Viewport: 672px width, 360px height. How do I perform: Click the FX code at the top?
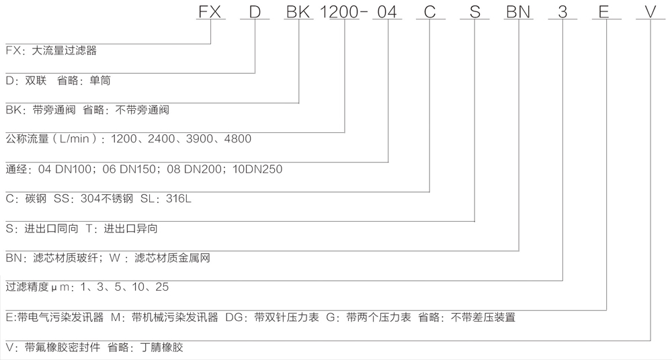pyautogui.click(x=210, y=11)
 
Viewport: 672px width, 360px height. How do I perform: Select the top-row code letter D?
pyautogui.click(x=255, y=11)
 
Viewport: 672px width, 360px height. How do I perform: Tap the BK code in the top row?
pyautogui.click(x=298, y=11)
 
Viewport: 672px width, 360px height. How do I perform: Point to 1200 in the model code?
pyautogui.click(x=339, y=11)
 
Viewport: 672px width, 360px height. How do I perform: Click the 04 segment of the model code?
pyautogui.click(x=387, y=11)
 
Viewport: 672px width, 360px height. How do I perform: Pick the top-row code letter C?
pyautogui.click(x=430, y=11)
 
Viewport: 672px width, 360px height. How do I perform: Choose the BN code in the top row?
pyautogui.click(x=518, y=11)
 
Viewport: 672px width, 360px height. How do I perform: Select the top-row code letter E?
pyautogui.click(x=603, y=11)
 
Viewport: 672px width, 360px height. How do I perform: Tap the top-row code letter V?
pyautogui.click(x=650, y=11)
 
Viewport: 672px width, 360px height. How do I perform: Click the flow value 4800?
pyautogui.click(x=237, y=139)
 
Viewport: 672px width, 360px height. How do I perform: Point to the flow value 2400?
pyautogui.click(x=161, y=139)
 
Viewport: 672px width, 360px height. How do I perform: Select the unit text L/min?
pyautogui.click(x=75, y=139)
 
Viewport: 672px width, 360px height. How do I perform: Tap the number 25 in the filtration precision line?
pyautogui.click(x=162, y=287)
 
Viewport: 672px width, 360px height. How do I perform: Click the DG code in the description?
pyautogui.click(x=234, y=317)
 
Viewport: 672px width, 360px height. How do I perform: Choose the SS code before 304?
pyautogui.click(x=61, y=198)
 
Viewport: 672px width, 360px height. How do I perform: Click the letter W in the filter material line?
pyautogui.click(x=115, y=257)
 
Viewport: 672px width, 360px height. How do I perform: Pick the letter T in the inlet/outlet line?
pyautogui.click(x=89, y=228)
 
